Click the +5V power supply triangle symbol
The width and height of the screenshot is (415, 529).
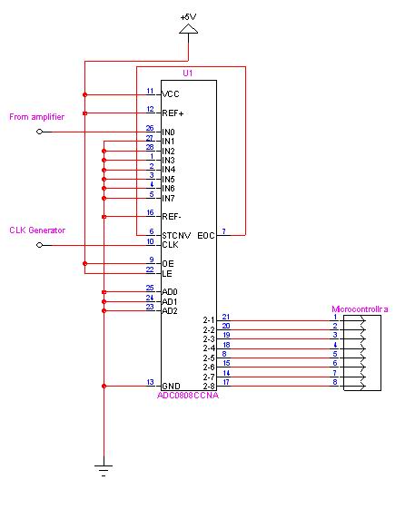(188, 29)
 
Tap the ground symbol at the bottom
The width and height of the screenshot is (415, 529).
(104, 470)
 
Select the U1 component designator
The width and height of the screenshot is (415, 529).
(188, 73)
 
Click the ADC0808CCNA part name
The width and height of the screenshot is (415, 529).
(188, 396)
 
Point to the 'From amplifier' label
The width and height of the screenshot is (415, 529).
(37, 117)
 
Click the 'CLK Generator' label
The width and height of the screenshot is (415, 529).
(37, 230)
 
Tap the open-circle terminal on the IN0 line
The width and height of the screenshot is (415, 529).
(40, 132)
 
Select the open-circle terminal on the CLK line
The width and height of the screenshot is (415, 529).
(40, 245)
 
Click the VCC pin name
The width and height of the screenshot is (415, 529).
(171, 94)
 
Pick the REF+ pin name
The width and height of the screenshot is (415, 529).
(173, 113)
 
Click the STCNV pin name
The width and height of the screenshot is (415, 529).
(176, 235)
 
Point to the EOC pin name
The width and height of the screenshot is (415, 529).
(206, 235)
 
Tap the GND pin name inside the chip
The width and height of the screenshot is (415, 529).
(172, 386)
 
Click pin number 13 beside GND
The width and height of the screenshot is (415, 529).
(150, 382)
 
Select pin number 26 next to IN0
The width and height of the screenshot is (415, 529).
(150, 128)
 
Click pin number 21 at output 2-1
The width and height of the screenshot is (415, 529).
(226, 317)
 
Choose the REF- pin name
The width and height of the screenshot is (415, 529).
(172, 216)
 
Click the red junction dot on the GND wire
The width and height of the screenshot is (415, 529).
(104, 386)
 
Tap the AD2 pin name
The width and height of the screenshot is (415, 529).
(170, 310)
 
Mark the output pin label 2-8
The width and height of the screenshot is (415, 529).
(209, 386)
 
